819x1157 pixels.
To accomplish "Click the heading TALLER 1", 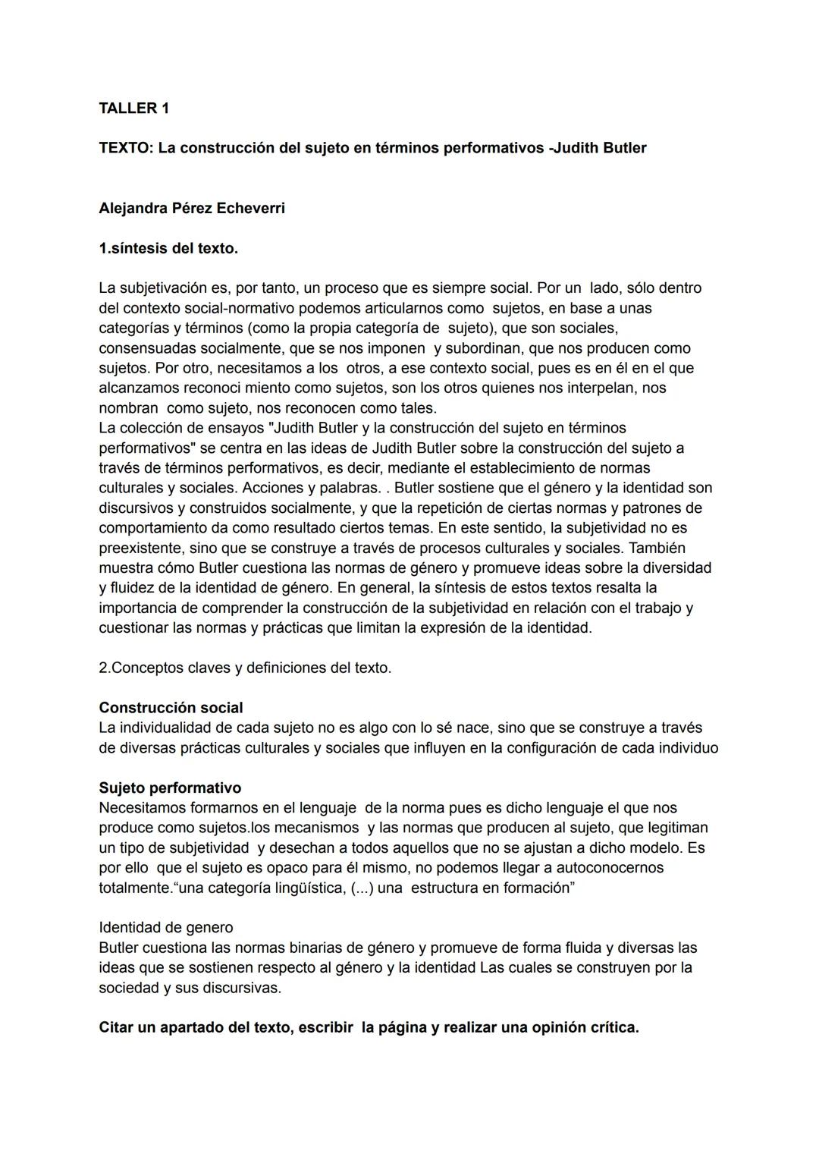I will coord(133,108).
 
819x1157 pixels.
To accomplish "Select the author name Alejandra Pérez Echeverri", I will coord(192,208).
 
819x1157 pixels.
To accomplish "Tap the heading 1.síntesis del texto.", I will coord(168,248).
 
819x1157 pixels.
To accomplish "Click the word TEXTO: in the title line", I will coord(126,148).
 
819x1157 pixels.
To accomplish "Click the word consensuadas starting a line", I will coord(146,348).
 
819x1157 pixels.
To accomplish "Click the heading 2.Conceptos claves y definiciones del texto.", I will coord(245,668).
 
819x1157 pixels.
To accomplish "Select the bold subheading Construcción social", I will coord(171,708).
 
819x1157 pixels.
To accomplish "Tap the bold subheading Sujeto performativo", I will coord(170,788).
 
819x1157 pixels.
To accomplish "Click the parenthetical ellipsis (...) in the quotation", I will coord(361,888).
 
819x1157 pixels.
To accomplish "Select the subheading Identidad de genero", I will coord(166,927).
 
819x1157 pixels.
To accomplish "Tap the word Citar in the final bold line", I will coord(117,1028).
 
